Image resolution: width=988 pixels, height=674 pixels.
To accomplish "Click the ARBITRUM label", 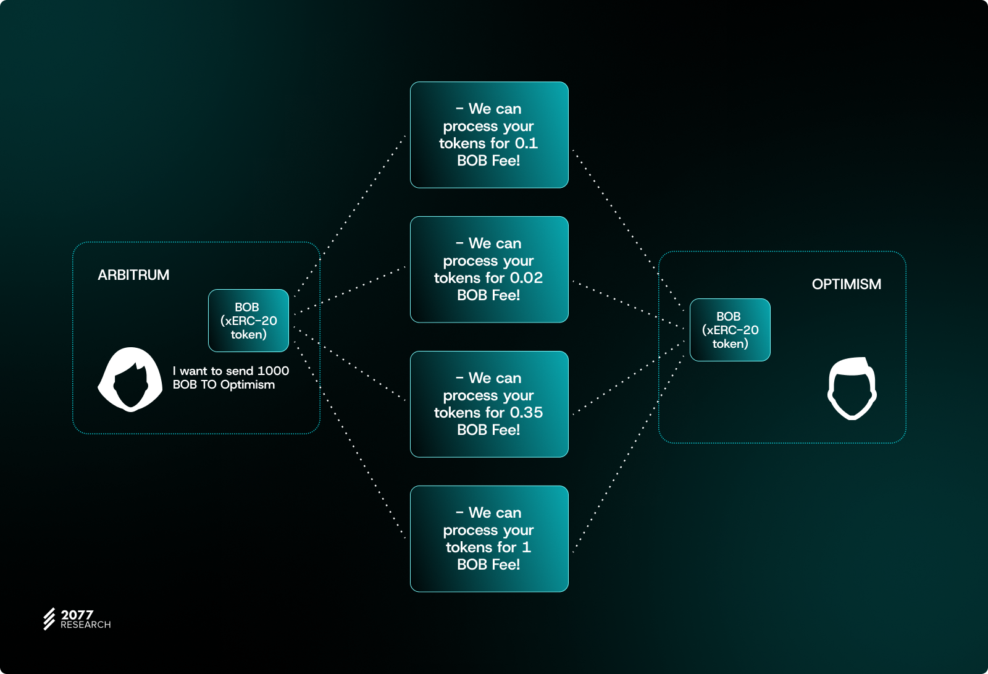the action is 133,275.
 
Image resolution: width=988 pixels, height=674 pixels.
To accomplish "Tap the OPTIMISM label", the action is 847,284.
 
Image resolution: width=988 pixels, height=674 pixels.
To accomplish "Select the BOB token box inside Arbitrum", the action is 248,321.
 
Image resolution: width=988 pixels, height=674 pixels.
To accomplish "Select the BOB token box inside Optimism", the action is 730,330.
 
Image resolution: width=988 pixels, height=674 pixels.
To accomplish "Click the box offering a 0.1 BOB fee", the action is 489,135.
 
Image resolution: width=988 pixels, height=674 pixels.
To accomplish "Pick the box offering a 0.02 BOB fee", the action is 489,269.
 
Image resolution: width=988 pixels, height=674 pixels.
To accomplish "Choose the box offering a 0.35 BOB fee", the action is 489,404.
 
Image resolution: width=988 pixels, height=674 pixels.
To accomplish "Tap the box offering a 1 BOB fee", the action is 489,539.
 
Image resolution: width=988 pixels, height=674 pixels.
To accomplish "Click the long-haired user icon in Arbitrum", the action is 130,379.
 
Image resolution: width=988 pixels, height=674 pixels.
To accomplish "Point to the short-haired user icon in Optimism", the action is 852,389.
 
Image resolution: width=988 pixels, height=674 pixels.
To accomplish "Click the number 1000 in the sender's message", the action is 273,371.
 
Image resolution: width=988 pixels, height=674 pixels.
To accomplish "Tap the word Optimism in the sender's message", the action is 248,385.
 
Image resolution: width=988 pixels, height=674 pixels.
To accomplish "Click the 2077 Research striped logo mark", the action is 49,619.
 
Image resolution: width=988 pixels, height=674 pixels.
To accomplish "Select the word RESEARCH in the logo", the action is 86,625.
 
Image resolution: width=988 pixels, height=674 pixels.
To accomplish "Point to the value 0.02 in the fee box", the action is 526,278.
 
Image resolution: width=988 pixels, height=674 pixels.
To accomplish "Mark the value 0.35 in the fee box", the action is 526,413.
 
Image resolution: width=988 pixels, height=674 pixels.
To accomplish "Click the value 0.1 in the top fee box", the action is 526,143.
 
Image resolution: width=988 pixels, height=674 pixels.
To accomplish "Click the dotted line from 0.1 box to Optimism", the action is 628,230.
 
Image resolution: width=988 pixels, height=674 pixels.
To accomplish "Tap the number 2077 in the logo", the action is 77,615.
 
